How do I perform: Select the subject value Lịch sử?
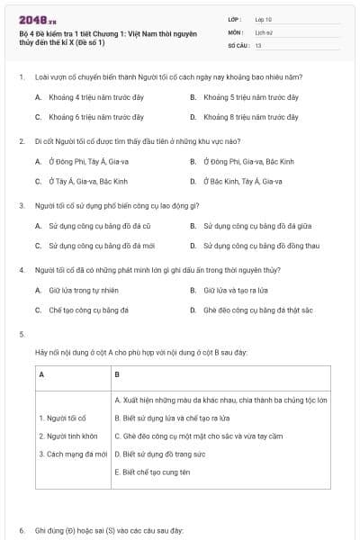click(x=263, y=31)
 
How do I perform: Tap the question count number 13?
click(x=258, y=44)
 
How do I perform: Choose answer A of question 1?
click(x=86, y=96)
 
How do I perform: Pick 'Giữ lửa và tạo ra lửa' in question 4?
click(x=235, y=291)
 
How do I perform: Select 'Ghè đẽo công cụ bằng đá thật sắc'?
click(x=257, y=310)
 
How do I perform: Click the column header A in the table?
click(x=42, y=373)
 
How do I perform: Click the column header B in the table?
click(x=118, y=373)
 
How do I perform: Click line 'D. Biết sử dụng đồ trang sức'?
click(x=162, y=454)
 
